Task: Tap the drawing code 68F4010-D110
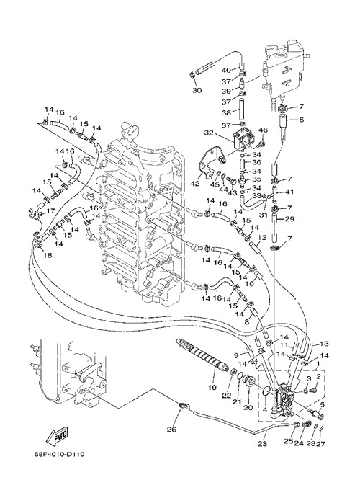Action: click(x=60, y=454)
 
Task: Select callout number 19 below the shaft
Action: click(x=212, y=387)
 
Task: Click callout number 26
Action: click(x=171, y=430)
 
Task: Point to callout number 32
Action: click(x=208, y=133)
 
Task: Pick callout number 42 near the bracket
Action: click(x=196, y=184)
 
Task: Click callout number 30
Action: click(x=197, y=90)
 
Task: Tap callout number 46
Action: click(x=264, y=130)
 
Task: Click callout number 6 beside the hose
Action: click(x=302, y=120)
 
